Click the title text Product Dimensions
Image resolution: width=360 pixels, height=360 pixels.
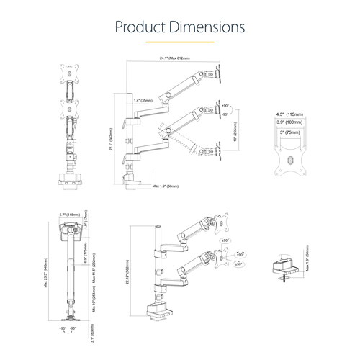coord(180,27)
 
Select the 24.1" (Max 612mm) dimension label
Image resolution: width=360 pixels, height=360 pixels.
coord(174,58)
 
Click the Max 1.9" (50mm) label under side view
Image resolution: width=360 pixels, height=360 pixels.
coord(164,186)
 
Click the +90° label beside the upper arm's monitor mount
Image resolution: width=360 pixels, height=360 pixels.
coord(226,105)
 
